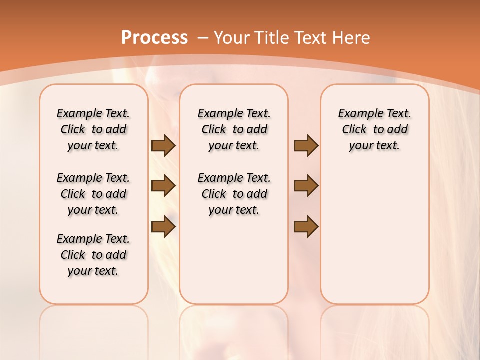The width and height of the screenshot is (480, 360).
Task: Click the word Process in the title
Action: click(x=154, y=37)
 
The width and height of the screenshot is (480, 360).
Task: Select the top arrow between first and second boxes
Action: click(x=163, y=146)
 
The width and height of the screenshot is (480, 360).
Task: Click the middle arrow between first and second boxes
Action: click(x=163, y=186)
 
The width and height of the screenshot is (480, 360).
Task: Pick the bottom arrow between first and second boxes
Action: click(x=163, y=227)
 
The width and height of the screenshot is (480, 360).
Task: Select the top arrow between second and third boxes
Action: click(x=306, y=146)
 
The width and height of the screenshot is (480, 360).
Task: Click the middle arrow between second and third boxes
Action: click(x=306, y=186)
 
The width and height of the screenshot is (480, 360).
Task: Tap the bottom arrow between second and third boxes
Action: click(x=306, y=227)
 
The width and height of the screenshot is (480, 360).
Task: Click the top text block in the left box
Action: click(x=93, y=129)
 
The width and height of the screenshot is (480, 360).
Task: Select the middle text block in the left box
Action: click(x=93, y=194)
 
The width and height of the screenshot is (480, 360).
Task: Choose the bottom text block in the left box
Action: click(x=93, y=255)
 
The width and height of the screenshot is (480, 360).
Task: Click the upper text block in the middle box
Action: click(x=234, y=129)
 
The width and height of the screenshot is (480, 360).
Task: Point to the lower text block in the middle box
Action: click(x=234, y=194)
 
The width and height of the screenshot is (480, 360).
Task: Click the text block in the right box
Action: click(x=374, y=129)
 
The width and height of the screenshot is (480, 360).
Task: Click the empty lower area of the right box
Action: click(x=374, y=240)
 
